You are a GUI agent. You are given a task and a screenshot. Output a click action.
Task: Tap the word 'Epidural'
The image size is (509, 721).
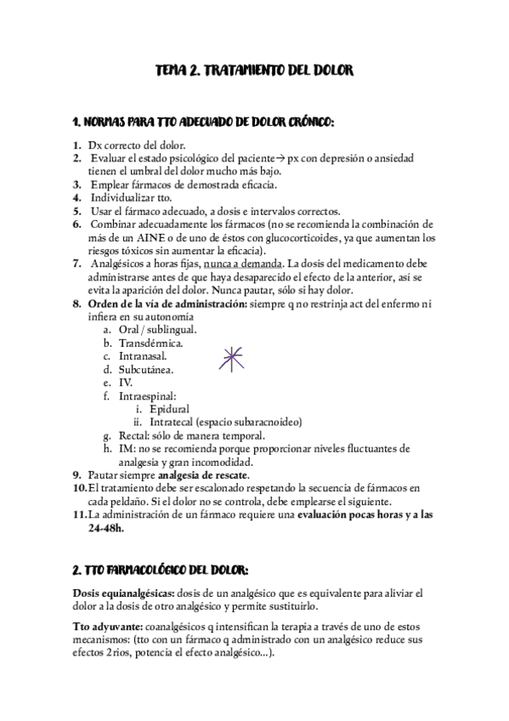168,409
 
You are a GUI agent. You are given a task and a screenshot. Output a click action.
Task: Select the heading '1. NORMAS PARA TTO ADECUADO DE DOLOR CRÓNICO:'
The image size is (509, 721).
204,121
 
